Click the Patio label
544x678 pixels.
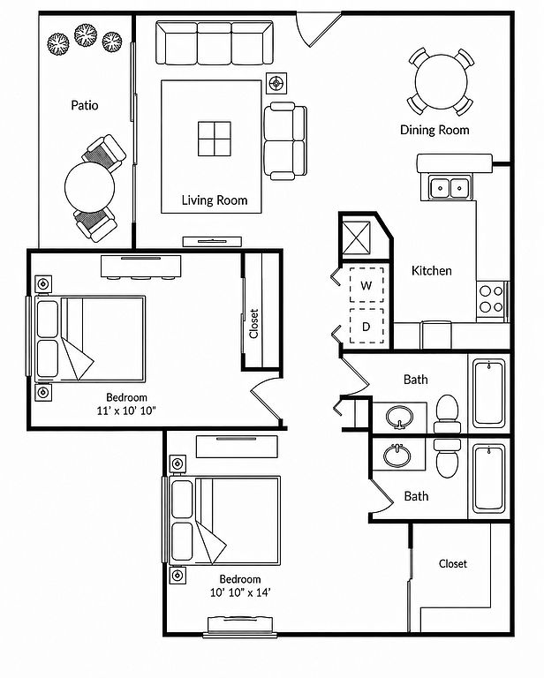point(84,105)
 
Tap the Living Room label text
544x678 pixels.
point(215,200)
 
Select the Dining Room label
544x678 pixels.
point(434,130)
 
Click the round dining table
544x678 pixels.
point(441,81)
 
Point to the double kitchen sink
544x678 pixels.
point(450,188)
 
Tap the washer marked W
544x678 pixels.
point(366,285)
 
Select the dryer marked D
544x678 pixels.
point(366,327)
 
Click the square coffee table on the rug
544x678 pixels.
point(215,139)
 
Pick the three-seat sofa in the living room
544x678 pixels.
point(215,42)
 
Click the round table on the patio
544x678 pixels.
point(89,187)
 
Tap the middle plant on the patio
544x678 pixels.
point(86,35)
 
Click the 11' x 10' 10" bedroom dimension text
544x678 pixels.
point(126,411)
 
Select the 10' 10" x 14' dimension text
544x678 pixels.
point(240,592)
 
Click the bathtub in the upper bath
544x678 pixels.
point(489,394)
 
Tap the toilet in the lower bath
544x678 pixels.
point(447,458)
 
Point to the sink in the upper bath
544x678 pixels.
point(399,418)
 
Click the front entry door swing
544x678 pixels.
point(319,28)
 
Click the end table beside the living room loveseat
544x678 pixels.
point(276,82)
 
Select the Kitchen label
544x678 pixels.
point(432,271)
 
